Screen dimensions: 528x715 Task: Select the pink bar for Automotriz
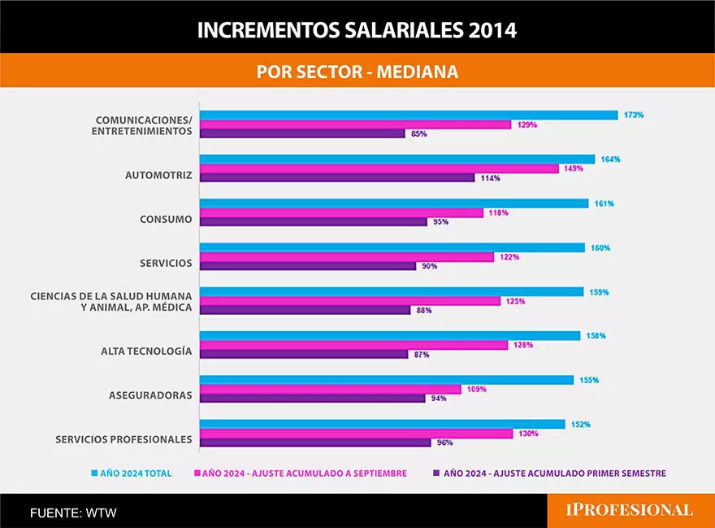379,168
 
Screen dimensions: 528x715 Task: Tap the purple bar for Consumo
314,221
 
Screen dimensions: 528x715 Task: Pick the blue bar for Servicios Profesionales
383,424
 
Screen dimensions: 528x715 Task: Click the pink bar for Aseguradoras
331,389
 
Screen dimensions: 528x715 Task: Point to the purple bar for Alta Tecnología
304,354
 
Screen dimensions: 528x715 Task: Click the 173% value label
634,115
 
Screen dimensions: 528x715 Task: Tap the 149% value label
573,168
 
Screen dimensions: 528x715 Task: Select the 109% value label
476,389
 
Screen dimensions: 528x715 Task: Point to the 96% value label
444,443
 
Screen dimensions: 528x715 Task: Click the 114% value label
490,178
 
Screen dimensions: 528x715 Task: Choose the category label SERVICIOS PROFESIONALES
123,439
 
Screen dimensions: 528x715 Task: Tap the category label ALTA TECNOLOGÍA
146,351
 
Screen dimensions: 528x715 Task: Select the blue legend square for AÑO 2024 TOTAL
94,473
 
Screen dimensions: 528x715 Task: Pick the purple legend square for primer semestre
436,473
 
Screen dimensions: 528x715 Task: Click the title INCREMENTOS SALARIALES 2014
357,30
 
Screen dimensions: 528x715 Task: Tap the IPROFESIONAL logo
630,510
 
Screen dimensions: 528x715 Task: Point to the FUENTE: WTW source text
67,513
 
